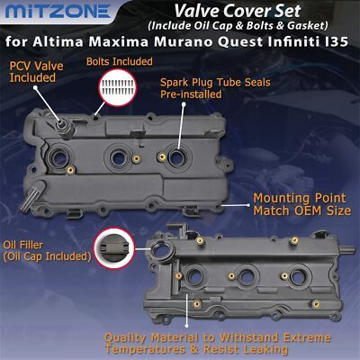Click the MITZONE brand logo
pyautogui.click(x=58, y=12)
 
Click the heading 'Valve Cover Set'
pyautogui.click(x=238, y=11)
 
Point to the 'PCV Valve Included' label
pyautogui.click(x=36, y=72)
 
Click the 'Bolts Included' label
pyautogui.click(x=120, y=61)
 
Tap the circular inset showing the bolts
pyautogui.click(x=117, y=87)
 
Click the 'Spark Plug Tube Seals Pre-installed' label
pyautogui.click(x=215, y=88)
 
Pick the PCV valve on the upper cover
pyautogui.click(x=64, y=128)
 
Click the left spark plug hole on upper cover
pyautogui.click(x=57, y=157)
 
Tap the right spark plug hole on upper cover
pyautogui.click(x=176, y=157)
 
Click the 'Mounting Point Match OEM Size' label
pyautogui.click(x=301, y=204)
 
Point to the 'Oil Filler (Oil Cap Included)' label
pyautogui.click(x=47, y=251)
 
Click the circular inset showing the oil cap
pyautogui.click(x=114, y=248)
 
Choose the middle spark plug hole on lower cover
pyautogui.click(x=247, y=276)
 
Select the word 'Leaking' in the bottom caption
pyautogui.click(x=265, y=349)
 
